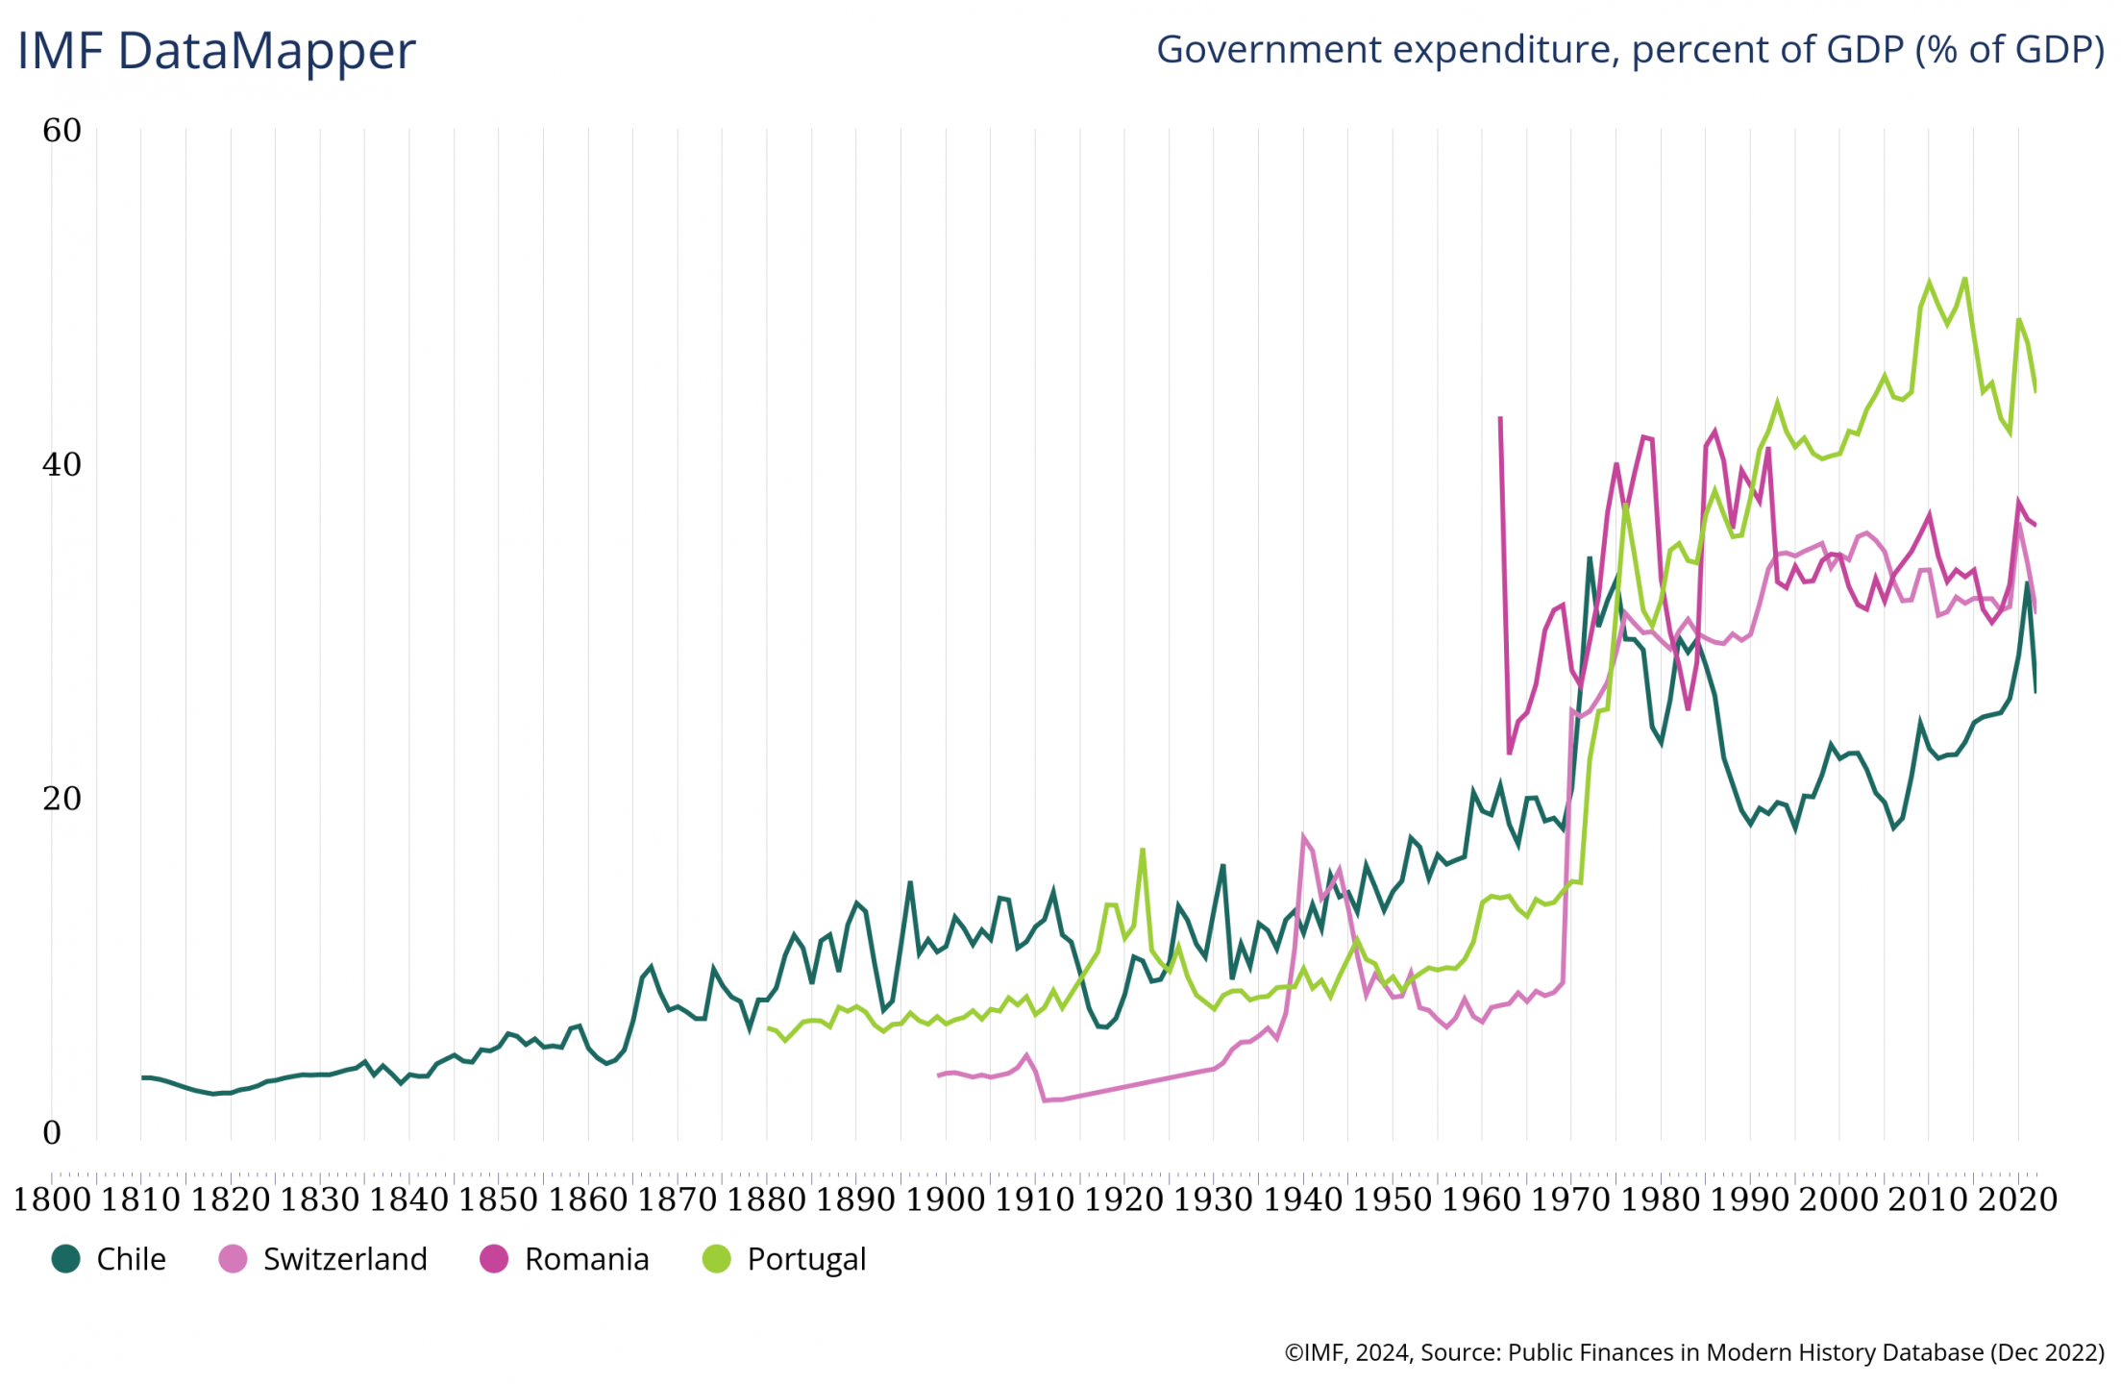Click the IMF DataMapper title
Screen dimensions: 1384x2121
click(216, 51)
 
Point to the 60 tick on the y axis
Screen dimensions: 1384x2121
click(62, 131)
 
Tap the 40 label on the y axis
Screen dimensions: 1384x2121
click(62, 465)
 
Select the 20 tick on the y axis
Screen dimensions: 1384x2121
click(62, 799)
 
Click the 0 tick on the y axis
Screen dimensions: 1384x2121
click(52, 1133)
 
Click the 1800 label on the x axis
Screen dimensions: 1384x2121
click(52, 1199)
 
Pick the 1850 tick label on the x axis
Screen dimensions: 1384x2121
click(498, 1199)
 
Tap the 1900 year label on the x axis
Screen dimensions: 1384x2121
click(945, 1199)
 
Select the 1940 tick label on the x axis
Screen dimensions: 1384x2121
click(1302, 1199)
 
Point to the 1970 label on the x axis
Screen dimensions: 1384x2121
click(1570, 1199)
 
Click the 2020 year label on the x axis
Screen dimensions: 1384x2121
click(2017, 1199)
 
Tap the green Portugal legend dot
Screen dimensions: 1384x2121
click(717, 1259)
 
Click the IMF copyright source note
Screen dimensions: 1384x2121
click(1694, 1352)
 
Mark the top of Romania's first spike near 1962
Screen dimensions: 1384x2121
click(1500, 418)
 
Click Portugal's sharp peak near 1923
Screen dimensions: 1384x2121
click(1143, 849)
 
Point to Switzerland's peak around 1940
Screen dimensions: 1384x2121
click(1304, 836)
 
